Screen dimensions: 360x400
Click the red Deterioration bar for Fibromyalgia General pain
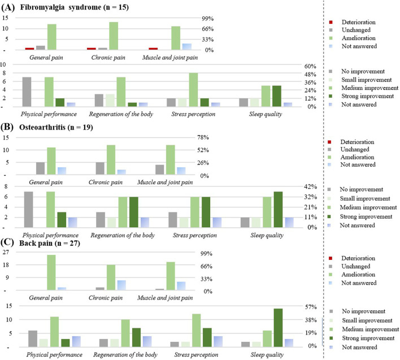pos(29,49)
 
